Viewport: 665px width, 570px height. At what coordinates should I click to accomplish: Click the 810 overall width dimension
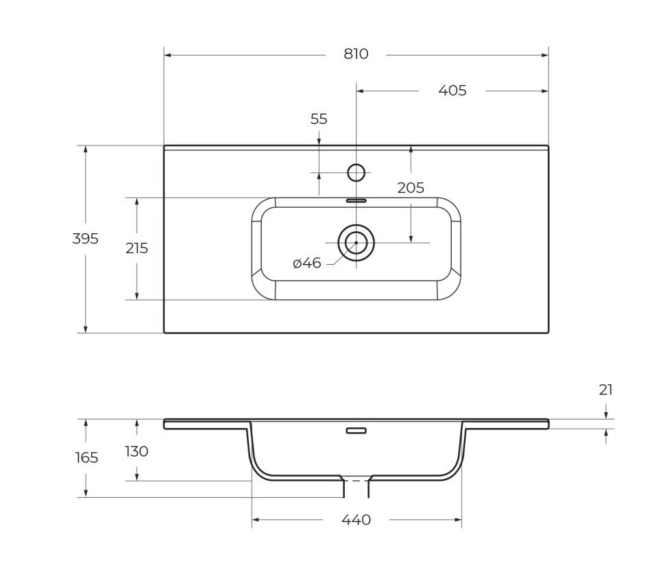(356, 54)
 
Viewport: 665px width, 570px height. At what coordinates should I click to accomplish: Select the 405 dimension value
(452, 91)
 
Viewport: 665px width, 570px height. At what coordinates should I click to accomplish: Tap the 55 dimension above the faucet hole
(319, 119)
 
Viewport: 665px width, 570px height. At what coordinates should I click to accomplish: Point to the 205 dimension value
(411, 188)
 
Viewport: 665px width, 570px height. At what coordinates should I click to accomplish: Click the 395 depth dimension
(86, 239)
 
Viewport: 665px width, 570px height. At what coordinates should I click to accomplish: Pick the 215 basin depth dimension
(136, 248)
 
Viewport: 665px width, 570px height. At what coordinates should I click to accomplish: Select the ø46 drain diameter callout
(306, 263)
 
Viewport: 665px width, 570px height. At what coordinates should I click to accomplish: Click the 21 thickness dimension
(605, 390)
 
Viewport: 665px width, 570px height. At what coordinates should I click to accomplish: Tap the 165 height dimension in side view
(86, 458)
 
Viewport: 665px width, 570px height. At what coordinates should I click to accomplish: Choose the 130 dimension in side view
(136, 451)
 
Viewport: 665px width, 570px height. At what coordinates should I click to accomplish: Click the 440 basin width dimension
(356, 520)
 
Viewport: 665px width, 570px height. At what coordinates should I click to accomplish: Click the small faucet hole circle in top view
(356, 173)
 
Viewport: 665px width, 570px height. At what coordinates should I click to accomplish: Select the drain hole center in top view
(356, 243)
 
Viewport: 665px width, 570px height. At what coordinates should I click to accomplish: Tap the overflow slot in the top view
(356, 201)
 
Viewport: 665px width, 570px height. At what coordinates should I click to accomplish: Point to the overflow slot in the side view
(356, 431)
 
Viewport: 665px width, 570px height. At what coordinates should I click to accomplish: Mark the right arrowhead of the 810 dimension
(545, 55)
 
